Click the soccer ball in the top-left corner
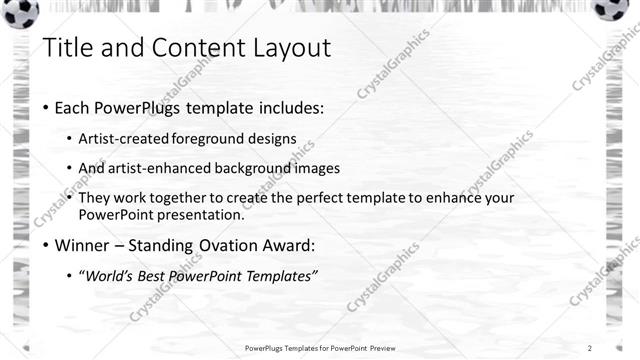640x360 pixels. pyautogui.click(x=20, y=12)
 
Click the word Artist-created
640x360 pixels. pyautogui.click(x=124, y=139)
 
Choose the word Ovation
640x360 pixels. pyautogui.click(x=223, y=245)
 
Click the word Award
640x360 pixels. pyautogui.click(x=286, y=245)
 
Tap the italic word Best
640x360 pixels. pyautogui.click(x=158, y=275)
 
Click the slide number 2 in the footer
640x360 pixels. pyautogui.click(x=590, y=348)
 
